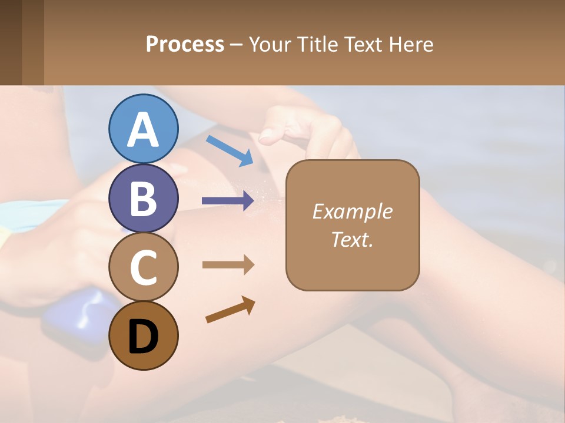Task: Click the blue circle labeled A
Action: pyautogui.click(x=143, y=129)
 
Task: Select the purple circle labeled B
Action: pyautogui.click(x=143, y=198)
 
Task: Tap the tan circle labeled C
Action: pyautogui.click(x=143, y=267)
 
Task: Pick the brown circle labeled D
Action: pyautogui.click(x=143, y=336)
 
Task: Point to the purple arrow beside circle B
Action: pyautogui.click(x=228, y=201)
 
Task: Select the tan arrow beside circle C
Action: pyautogui.click(x=228, y=265)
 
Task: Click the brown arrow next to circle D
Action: pyautogui.click(x=230, y=310)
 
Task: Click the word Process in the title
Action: pyautogui.click(x=185, y=44)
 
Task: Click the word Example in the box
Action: pyautogui.click(x=352, y=211)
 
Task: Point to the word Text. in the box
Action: pyautogui.click(x=352, y=239)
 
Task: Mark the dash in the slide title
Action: pyautogui.click(x=237, y=45)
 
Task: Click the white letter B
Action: pyautogui.click(x=143, y=198)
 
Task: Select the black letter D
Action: pyautogui.click(x=143, y=336)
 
